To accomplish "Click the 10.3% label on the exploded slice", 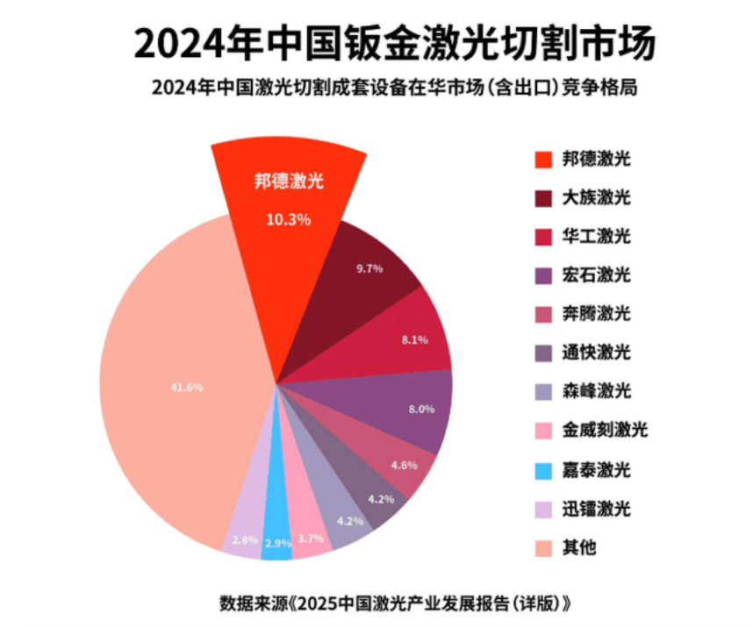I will click(288, 219).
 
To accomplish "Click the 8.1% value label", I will click(414, 339).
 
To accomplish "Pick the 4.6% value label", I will click(404, 465).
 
